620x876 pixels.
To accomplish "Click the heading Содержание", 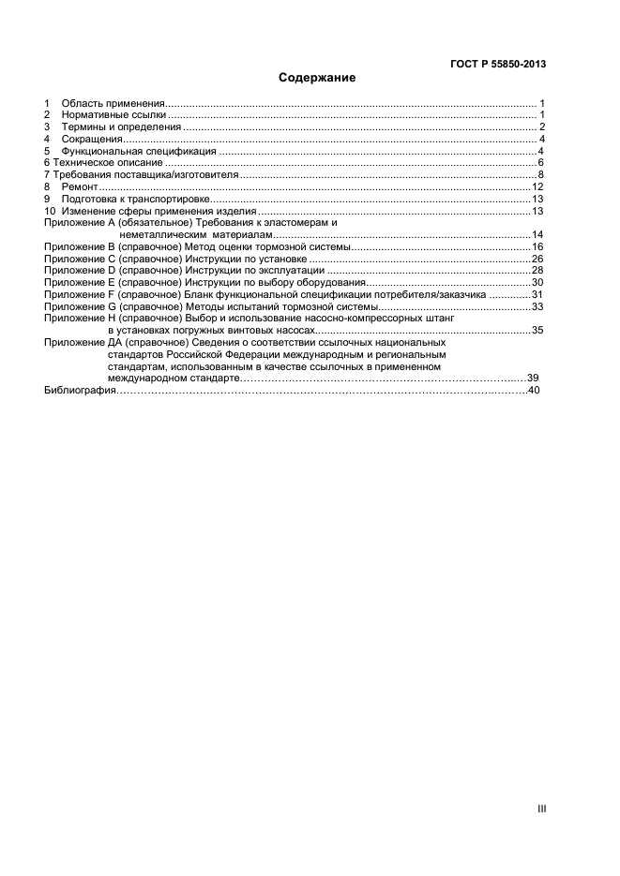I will coord(317,78).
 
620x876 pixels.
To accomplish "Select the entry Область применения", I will coord(113,102).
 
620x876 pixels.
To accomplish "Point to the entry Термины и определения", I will coord(121,126).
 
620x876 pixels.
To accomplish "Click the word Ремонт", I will coord(80,187).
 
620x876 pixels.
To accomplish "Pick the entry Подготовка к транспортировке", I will coord(132,200).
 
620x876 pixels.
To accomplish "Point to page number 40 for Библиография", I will coord(535,391).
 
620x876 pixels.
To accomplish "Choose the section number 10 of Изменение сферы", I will coord(50,211).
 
